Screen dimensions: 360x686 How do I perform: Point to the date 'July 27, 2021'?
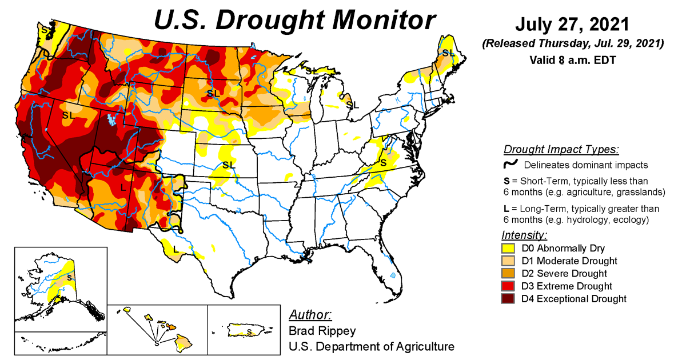(572, 25)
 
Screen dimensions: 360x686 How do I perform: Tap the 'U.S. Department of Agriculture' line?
(372, 346)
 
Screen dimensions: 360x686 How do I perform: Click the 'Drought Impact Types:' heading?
(561, 150)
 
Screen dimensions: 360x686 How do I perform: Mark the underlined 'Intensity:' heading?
(524, 235)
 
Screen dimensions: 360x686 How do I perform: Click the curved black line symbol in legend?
(510, 165)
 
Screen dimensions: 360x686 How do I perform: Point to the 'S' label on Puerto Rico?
(249, 331)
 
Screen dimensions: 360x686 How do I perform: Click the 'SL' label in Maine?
(448, 53)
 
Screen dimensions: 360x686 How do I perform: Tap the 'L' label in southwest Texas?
(176, 249)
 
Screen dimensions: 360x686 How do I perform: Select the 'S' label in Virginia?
(384, 163)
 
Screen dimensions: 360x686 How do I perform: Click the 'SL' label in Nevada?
(69, 115)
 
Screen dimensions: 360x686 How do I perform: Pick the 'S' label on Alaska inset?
(69, 278)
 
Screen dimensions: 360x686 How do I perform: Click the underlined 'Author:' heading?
(310, 315)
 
